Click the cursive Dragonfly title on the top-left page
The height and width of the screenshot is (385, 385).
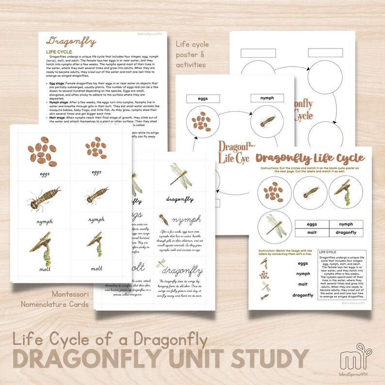click(x=71, y=42)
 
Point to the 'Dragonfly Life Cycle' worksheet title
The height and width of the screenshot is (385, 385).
click(x=311, y=158)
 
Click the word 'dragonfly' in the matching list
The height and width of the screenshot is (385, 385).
click(x=303, y=295)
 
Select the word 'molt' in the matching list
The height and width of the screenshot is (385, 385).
click(x=303, y=284)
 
